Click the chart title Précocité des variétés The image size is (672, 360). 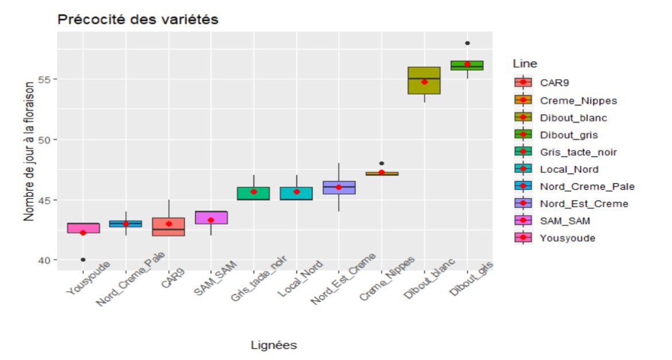tap(137, 20)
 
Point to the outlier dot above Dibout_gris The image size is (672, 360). tap(468, 43)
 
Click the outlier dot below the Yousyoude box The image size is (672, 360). tap(83, 260)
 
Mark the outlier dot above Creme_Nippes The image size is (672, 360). tap(382, 163)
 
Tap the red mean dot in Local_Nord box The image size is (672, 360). tap(296, 191)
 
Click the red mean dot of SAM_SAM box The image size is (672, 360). tap(211, 220)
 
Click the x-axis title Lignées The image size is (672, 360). tap(274, 345)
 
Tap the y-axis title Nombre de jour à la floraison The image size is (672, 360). tap(29, 152)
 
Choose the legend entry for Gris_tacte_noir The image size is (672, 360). tap(578, 152)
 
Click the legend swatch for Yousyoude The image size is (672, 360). tap(523, 238)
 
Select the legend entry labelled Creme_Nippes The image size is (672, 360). tap(578, 100)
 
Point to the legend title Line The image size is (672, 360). tap(525, 64)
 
